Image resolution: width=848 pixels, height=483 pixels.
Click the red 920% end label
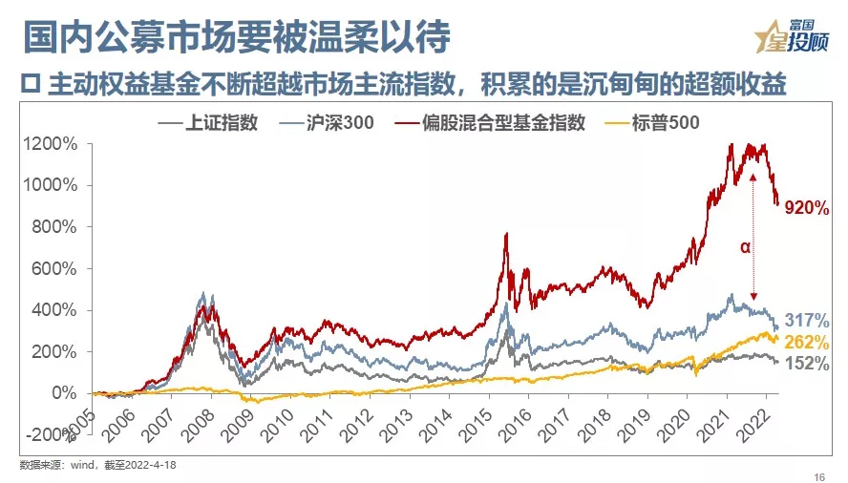click(x=808, y=209)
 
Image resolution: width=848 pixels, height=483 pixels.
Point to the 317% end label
click(x=807, y=321)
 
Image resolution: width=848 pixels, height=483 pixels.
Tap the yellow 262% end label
click(x=807, y=343)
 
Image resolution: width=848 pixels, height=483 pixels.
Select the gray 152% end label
click(x=807, y=364)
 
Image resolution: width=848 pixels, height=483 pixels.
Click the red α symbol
click(x=745, y=247)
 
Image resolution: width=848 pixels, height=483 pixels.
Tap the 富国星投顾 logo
click(x=792, y=39)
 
